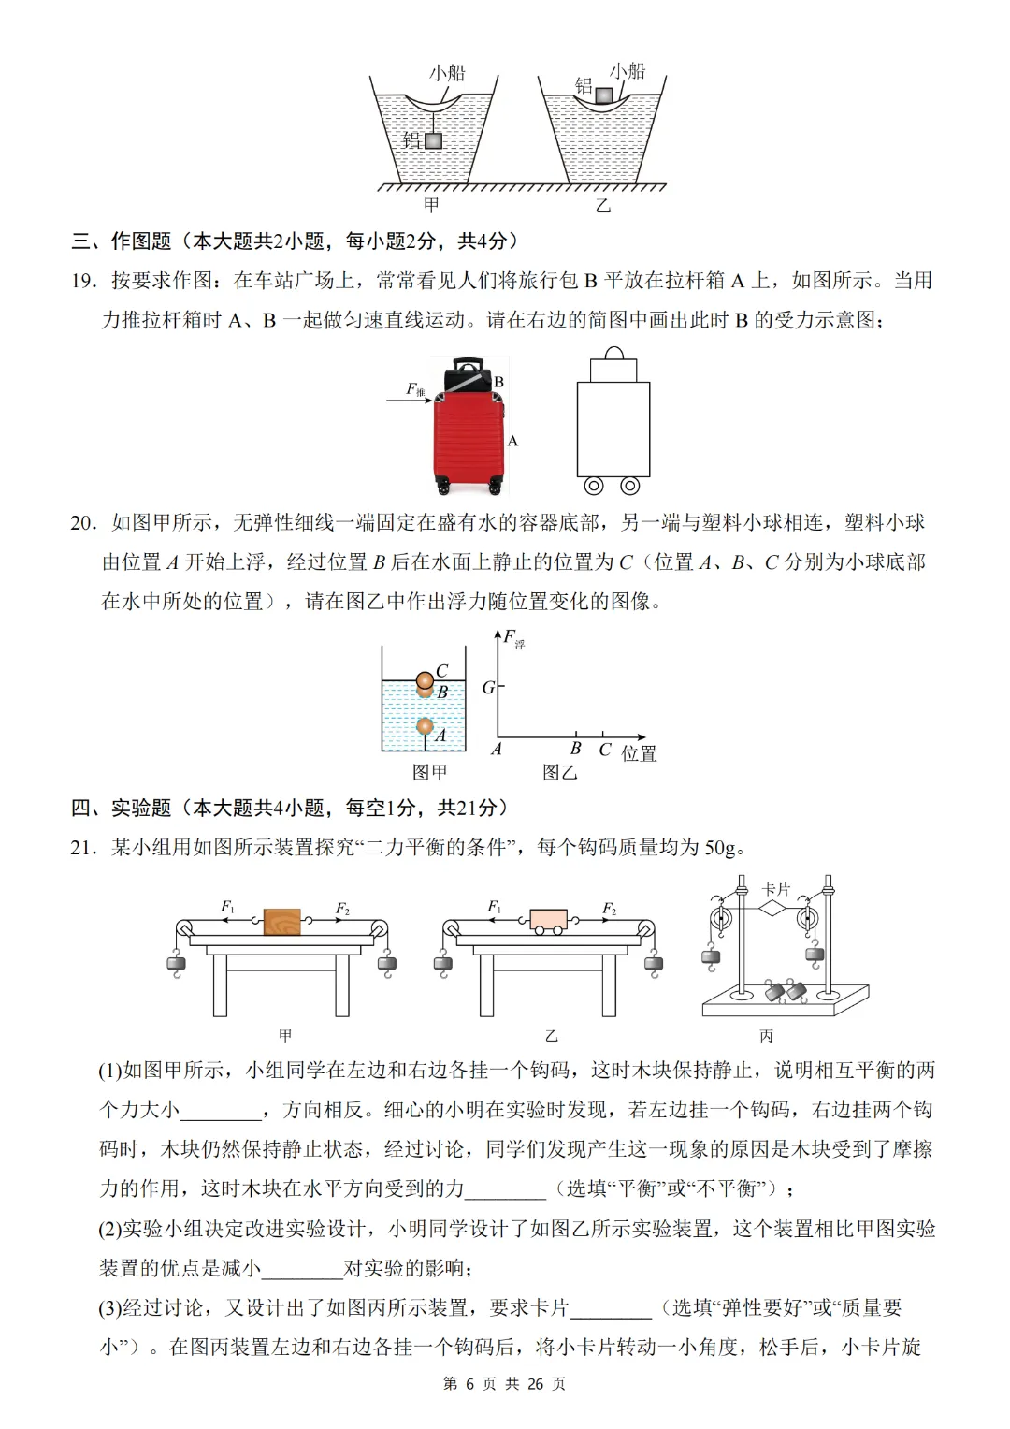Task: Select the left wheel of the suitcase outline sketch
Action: tap(594, 486)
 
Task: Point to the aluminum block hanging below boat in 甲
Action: tap(433, 140)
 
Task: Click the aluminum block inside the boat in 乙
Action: tap(604, 95)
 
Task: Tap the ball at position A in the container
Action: tap(425, 726)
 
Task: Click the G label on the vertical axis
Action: tap(487, 688)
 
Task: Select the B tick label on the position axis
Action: tap(575, 749)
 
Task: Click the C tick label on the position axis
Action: tap(604, 750)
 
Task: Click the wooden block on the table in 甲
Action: tap(282, 922)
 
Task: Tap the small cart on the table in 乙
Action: tap(548, 921)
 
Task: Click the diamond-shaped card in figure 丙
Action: tap(772, 907)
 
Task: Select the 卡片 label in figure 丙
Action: tap(775, 888)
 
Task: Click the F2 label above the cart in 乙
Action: tap(609, 908)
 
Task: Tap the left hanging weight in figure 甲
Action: tap(175, 964)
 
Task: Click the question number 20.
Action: tap(82, 523)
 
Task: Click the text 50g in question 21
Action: tap(720, 848)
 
